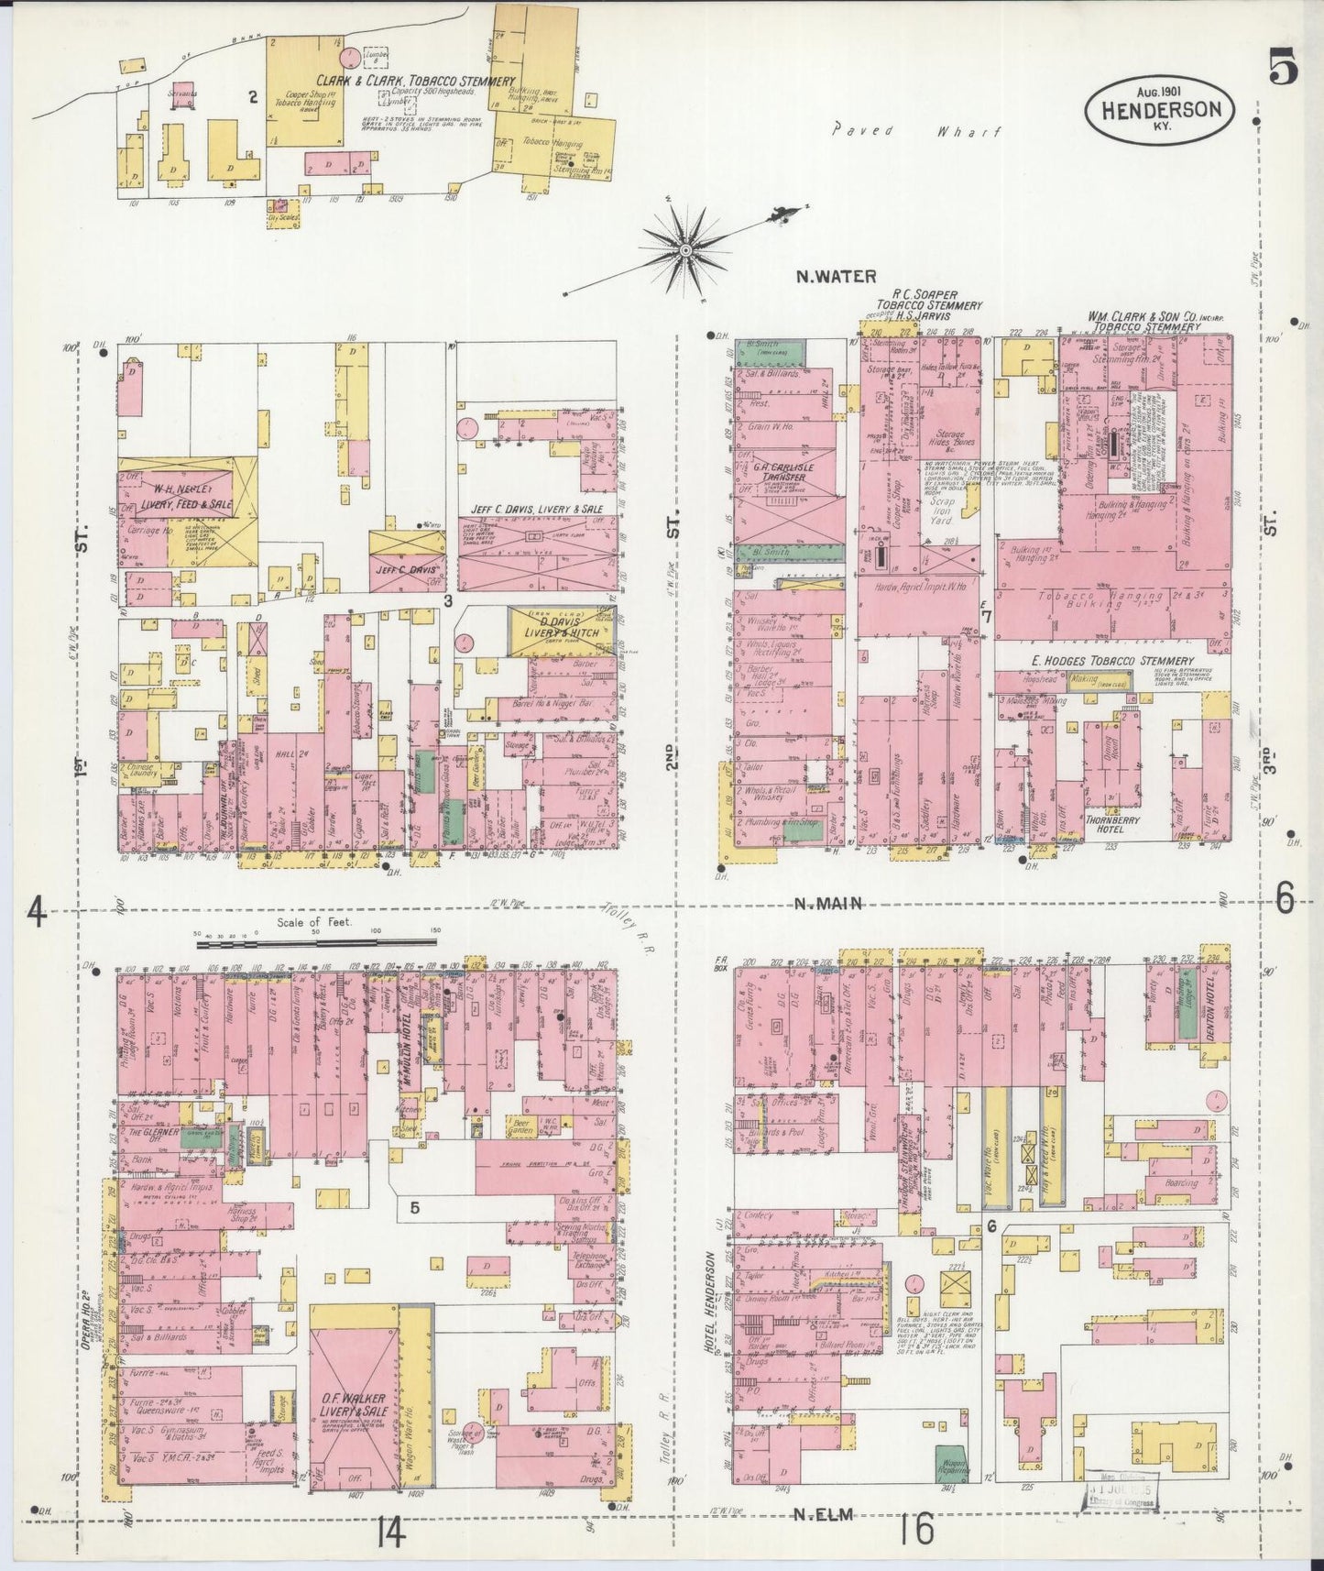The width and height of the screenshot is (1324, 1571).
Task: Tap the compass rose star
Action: (x=684, y=248)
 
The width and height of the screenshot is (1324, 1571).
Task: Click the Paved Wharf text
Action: (x=915, y=131)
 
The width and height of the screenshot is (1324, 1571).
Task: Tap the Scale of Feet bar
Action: (x=317, y=940)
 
